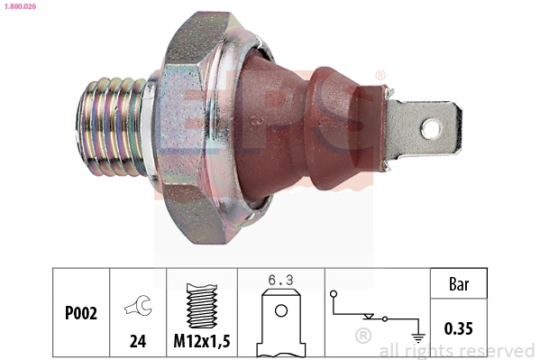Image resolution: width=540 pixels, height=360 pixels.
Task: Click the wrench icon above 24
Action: tap(137, 308)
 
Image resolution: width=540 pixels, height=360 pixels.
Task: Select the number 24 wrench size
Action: tap(137, 342)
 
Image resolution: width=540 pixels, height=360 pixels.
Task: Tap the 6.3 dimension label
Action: tap(280, 280)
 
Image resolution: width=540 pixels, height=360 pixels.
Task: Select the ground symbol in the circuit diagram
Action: tap(416, 337)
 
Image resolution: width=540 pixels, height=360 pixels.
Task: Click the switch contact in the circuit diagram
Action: tap(371, 317)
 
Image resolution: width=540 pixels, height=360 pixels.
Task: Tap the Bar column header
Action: tap(458, 284)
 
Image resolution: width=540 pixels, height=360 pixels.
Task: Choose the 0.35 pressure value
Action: tap(458, 328)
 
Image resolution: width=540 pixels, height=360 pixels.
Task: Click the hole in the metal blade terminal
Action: tap(432, 128)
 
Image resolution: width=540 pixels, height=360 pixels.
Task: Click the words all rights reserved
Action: tap(456, 350)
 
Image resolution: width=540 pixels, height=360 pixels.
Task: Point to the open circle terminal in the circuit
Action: tap(333, 293)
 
